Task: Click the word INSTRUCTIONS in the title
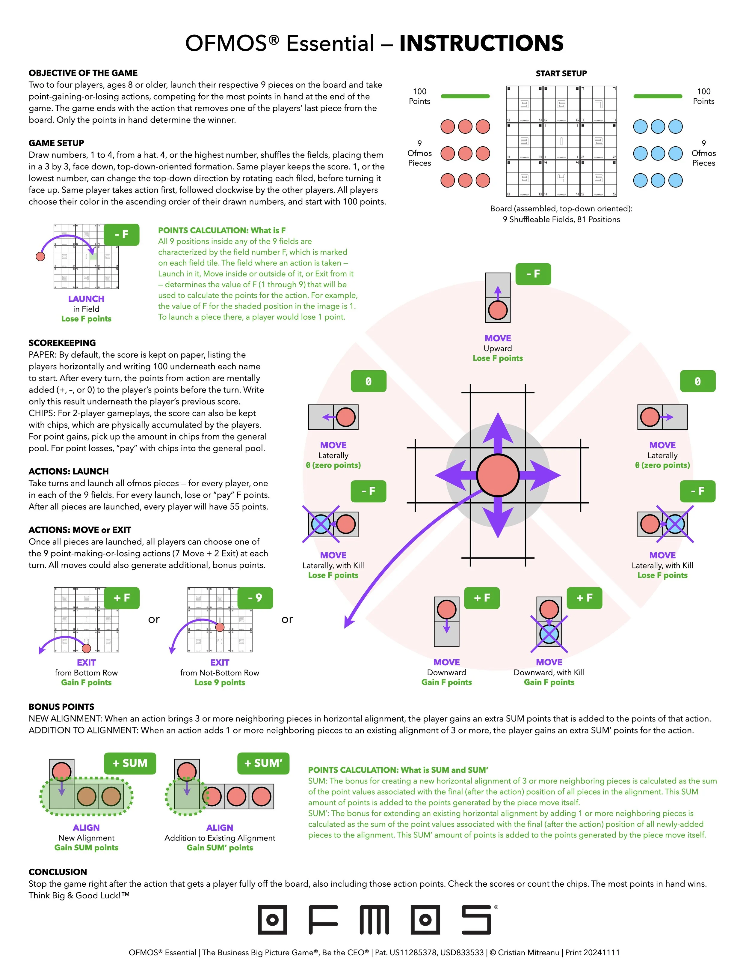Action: click(x=481, y=43)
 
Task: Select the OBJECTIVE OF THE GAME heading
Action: click(x=83, y=73)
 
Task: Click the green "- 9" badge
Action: click(x=255, y=598)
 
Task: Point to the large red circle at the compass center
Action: click(x=498, y=475)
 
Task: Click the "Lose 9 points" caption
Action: click(x=220, y=682)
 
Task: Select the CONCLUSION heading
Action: click(x=58, y=872)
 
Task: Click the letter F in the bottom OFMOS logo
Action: click(x=323, y=920)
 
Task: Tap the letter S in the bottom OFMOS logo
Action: click(x=476, y=920)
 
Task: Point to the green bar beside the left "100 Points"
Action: click(x=465, y=96)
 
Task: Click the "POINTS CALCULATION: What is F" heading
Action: click(x=222, y=230)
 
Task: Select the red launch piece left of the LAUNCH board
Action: click(x=40, y=256)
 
